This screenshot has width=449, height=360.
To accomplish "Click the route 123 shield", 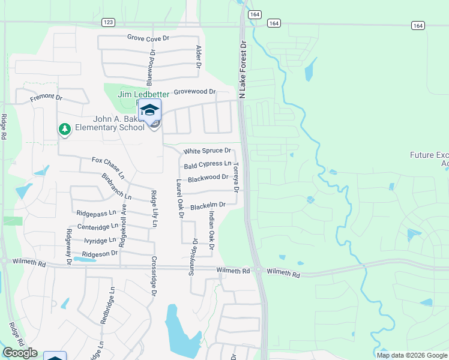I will [108, 22].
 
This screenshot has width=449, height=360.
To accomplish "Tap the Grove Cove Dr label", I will [149, 38].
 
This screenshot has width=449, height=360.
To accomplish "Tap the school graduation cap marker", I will [150, 110].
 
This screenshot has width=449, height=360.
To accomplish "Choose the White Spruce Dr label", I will [207, 151].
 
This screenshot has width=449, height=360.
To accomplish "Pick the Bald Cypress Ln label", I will [208, 164].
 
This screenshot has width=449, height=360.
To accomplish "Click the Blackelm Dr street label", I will [208, 206].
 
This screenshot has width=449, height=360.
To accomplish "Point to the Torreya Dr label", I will [236, 178].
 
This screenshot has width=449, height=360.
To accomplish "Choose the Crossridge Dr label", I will [154, 278].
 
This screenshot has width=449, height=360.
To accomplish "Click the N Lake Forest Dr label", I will [243, 70].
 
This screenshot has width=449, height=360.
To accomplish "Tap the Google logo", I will [20, 353].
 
